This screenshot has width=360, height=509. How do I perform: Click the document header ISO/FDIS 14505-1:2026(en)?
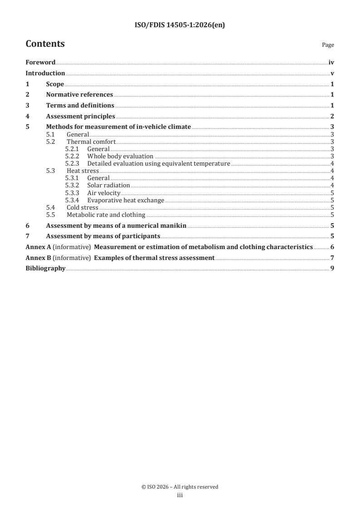180,25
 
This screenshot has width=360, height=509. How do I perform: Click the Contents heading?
45,44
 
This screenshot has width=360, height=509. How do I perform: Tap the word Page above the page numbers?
328,45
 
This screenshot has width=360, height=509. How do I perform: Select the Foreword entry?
40,63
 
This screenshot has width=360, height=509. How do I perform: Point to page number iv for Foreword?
331,63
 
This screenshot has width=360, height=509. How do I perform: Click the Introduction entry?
45,73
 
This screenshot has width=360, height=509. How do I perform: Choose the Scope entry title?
55,84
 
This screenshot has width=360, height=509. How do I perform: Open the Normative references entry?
79,94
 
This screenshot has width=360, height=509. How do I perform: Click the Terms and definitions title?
80,105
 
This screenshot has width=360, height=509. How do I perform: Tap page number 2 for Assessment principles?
332,116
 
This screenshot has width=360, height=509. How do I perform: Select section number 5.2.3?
72,163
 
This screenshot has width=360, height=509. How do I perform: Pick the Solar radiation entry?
108,186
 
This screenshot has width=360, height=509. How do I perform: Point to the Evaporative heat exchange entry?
125,200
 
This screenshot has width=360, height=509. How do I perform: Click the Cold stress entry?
83,207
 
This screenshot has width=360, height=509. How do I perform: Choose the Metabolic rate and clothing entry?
106,215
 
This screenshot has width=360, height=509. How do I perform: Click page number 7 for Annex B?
332,258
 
